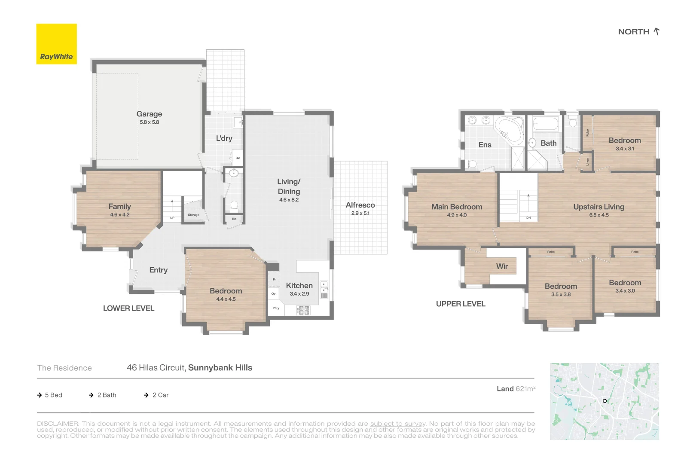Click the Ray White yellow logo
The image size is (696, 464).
click(56, 44)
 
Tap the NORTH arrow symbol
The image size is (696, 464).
click(656, 31)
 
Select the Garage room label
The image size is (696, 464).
click(149, 114)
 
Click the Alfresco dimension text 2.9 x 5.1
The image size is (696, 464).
click(360, 213)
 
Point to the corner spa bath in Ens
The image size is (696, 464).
click(510, 130)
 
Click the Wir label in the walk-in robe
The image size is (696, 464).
click(502, 266)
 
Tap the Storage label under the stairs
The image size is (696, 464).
click(193, 215)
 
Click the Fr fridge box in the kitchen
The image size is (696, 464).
click(274, 279)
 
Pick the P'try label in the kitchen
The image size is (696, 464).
click(276, 308)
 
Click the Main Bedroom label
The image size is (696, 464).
click(457, 207)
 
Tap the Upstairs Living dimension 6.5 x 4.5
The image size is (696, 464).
click(598, 215)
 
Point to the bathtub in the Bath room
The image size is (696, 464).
click(545, 125)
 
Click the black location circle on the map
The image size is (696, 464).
click(604, 401)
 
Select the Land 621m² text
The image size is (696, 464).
click(516, 389)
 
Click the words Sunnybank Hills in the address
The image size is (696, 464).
click(220, 368)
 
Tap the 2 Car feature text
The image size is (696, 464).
click(160, 395)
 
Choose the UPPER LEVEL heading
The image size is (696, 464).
click(461, 304)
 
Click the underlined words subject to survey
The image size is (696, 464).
click(398, 424)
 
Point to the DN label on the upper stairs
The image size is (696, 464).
click(528, 218)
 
